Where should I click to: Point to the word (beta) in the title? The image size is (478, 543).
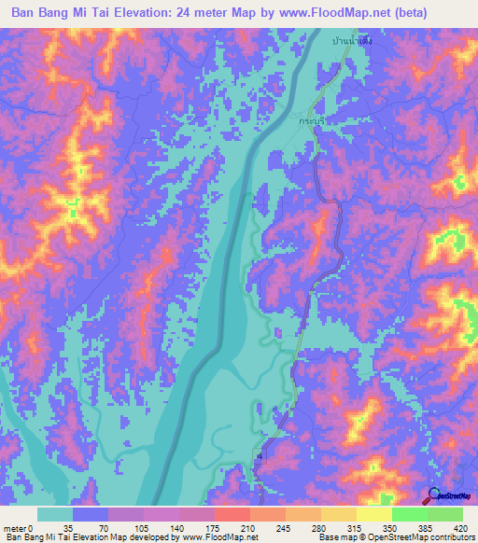[438, 15]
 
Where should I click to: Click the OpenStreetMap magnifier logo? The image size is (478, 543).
[432, 496]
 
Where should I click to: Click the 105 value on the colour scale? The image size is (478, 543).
[139, 527]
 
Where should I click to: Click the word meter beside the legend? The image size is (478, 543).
[14, 527]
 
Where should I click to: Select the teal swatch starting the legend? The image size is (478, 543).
[55, 514]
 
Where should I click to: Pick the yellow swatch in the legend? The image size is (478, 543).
[373, 514]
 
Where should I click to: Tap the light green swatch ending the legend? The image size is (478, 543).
[445, 514]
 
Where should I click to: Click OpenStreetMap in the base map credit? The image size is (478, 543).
[412, 537]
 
